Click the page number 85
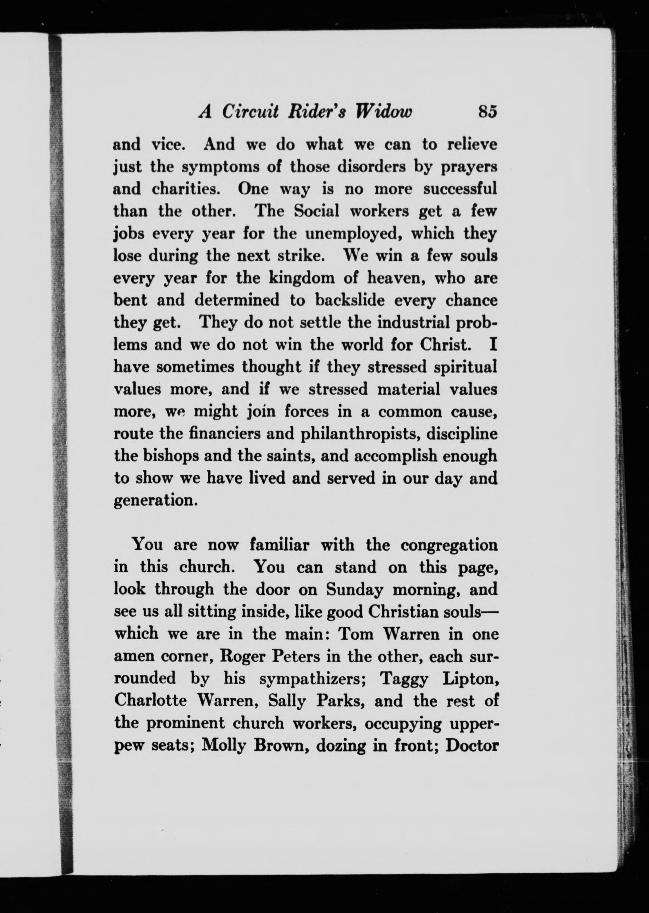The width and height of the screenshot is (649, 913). click(x=487, y=112)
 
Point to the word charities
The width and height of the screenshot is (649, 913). click(x=186, y=189)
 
